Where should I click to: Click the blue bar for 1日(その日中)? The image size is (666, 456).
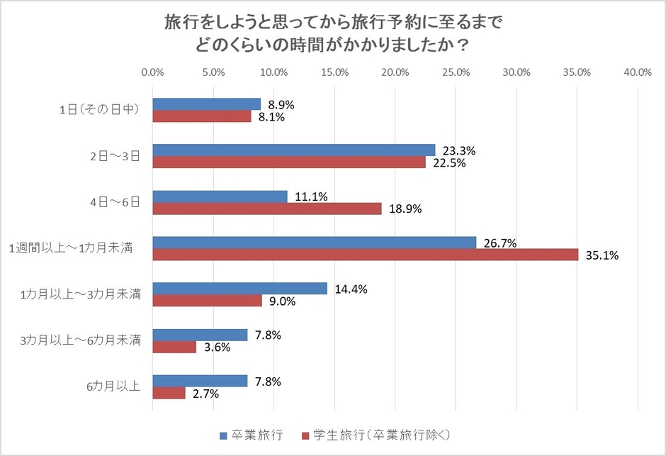[207, 104]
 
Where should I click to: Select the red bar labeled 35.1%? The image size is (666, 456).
[366, 255]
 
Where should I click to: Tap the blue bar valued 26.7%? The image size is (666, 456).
[315, 243]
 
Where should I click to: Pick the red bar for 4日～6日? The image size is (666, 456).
[267, 208]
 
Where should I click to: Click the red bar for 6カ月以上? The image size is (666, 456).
[169, 393]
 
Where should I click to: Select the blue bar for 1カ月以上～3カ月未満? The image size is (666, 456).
[240, 289]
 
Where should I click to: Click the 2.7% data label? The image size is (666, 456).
[205, 394]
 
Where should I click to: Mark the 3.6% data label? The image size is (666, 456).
[216, 347]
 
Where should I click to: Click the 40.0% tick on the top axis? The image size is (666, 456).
[638, 72]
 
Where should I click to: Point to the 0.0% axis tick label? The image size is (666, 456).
[153, 72]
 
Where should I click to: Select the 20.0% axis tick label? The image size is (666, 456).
[395, 72]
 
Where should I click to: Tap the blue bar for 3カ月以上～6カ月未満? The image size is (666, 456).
[201, 335]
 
